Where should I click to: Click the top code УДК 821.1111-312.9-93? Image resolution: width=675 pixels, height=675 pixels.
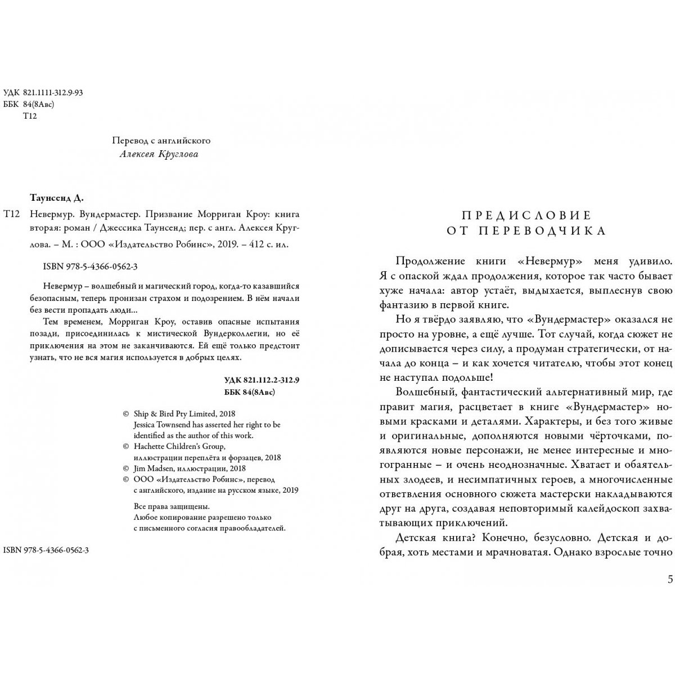pyautogui.click(x=43, y=93)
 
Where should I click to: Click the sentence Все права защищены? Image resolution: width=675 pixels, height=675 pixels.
pyautogui.click(x=167, y=506)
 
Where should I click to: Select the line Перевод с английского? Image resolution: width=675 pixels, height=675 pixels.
pyautogui.click(x=161, y=140)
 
